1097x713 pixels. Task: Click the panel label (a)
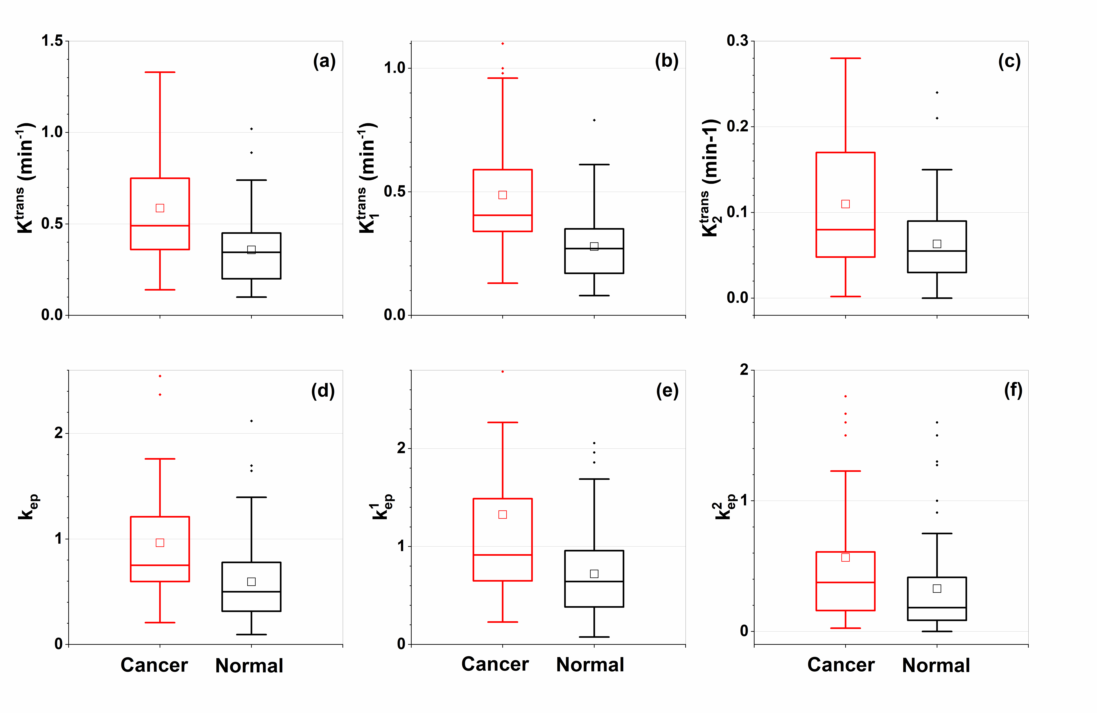324,61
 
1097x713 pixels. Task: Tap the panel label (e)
667,391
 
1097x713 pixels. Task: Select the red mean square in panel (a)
160,208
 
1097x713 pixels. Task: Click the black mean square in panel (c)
937,244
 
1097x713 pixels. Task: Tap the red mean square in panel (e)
502,514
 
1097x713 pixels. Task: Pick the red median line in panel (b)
502,215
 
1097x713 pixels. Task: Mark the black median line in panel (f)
937,608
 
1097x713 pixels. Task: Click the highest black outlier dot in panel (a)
251,129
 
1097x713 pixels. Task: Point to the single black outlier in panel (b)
594,120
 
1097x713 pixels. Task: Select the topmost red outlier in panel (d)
160,376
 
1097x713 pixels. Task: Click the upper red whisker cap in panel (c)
845,58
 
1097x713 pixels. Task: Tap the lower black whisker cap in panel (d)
251,635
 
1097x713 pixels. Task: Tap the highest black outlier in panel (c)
937,93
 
